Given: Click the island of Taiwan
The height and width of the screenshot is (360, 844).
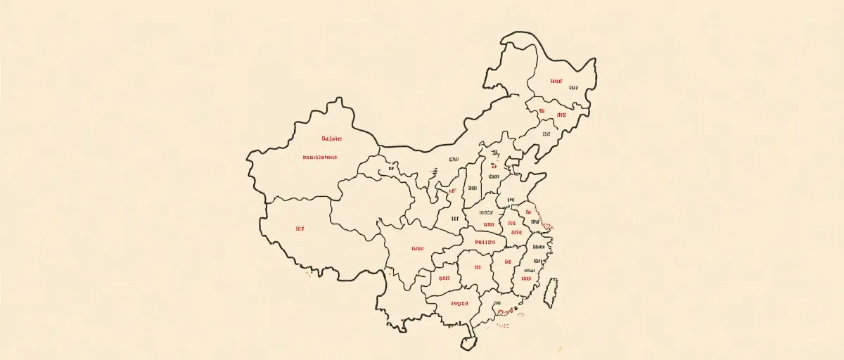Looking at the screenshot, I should pyautogui.click(x=551, y=292).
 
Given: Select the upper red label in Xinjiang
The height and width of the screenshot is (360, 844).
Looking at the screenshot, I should pyautogui.click(x=331, y=139).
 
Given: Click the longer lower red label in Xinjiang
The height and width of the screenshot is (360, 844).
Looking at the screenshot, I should pyautogui.click(x=319, y=157).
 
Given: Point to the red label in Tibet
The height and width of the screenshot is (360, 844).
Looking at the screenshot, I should pyautogui.click(x=300, y=229).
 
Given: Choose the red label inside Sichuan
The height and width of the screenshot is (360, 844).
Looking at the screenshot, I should pyautogui.click(x=417, y=248).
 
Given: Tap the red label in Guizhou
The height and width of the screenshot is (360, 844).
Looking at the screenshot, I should pyautogui.click(x=445, y=278).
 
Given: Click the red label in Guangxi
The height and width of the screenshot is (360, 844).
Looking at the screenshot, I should pyautogui.click(x=459, y=304).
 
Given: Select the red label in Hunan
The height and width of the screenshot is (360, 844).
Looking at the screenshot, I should pyautogui.click(x=478, y=267).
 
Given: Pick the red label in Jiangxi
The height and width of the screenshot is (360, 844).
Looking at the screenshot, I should pyautogui.click(x=506, y=262).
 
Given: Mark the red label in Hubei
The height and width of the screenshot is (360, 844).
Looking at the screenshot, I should pyautogui.click(x=485, y=242).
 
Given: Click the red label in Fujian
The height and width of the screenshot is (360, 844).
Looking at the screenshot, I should pyautogui.click(x=525, y=279).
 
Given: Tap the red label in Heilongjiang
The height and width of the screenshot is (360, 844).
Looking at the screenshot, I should pyautogui.click(x=556, y=82).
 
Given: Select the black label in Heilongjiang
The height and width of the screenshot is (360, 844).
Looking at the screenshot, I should pyautogui.click(x=573, y=88).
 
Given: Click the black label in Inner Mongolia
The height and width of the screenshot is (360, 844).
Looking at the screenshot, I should pyautogui.click(x=454, y=160).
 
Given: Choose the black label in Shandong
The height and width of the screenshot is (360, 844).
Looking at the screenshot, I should pyautogui.click(x=511, y=200).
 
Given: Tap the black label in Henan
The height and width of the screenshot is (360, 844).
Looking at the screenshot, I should pyautogui.click(x=486, y=212).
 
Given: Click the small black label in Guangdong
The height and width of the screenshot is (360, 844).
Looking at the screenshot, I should pyautogui.click(x=502, y=326).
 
